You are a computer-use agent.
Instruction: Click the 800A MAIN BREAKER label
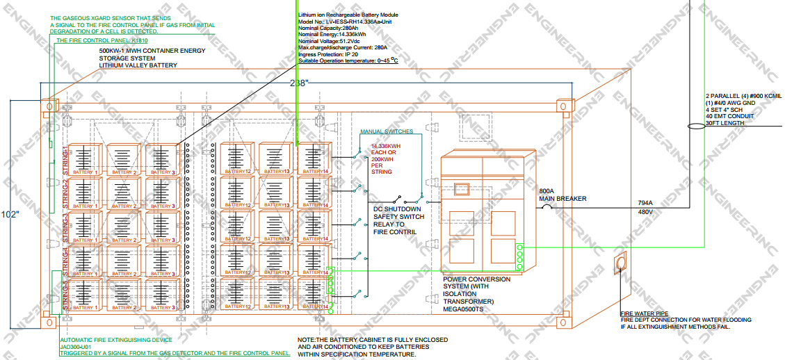(563, 195)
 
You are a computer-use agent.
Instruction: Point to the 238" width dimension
(300, 83)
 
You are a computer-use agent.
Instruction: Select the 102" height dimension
(10, 214)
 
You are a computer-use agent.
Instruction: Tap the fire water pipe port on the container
(620, 264)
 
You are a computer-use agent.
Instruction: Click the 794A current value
(645, 204)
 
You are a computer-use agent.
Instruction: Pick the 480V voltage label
(645, 212)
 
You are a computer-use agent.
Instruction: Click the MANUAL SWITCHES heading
(387, 131)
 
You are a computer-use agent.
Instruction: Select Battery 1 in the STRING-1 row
(85, 159)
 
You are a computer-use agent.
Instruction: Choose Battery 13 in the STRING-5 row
(276, 295)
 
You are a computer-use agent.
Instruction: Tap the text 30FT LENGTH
(725, 123)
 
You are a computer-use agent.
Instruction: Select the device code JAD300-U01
(76, 347)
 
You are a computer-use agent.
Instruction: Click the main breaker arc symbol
(547, 206)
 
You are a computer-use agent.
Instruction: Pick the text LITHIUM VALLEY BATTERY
(138, 65)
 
